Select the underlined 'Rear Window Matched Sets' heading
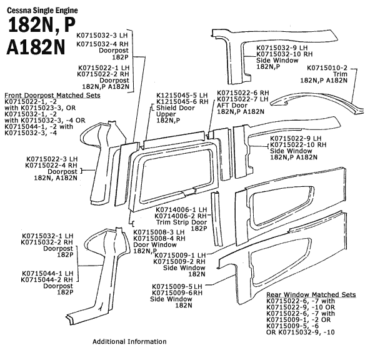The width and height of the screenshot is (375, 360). pyautogui.click(x=311, y=294)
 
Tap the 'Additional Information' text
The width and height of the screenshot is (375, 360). pyautogui.click(x=129, y=342)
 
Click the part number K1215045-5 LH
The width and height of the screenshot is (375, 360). pyautogui.click(x=182, y=96)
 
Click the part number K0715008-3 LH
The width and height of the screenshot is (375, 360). pyautogui.click(x=160, y=232)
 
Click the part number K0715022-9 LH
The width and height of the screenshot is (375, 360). pyautogui.click(x=296, y=138)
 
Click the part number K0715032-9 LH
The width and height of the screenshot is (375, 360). pyautogui.click(x=282, y=47)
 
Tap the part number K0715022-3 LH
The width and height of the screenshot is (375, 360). pyautogui.click(x=52, y=159)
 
